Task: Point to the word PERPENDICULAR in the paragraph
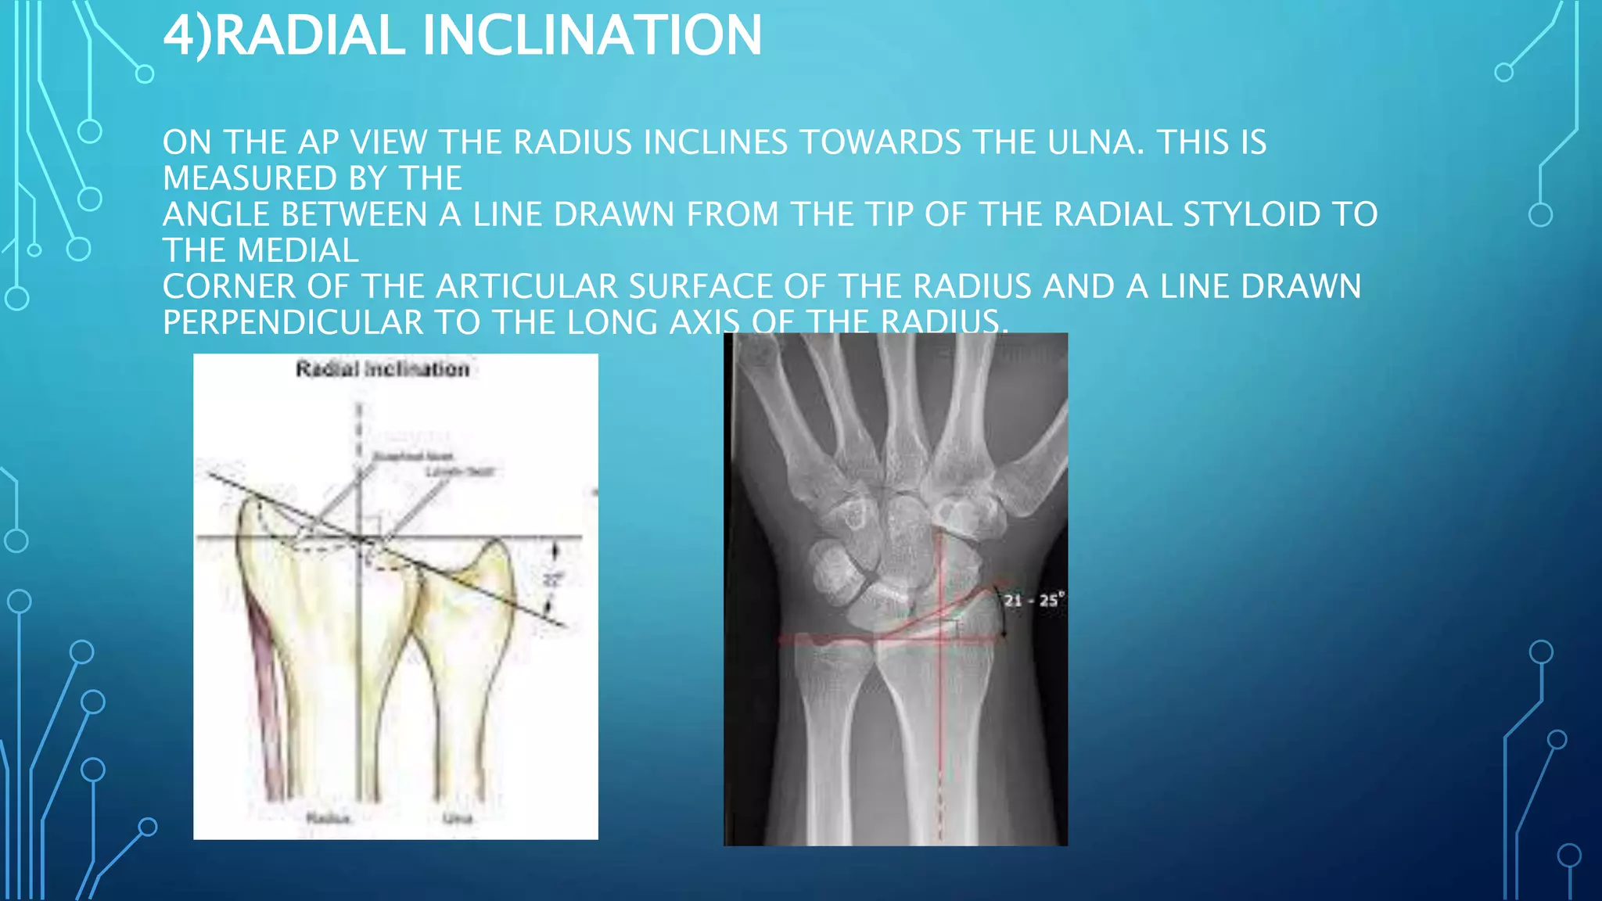[293, 322]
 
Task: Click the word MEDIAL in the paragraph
[298, 250]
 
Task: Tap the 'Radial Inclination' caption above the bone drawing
[383, 369]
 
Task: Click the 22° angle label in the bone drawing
[553, 580]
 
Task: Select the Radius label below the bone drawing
[329, 818]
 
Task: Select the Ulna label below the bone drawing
[458, 818]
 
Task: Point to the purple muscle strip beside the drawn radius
[266, 688]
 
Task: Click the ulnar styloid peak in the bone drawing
[494, 544]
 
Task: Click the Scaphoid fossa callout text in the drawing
[412, 456]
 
